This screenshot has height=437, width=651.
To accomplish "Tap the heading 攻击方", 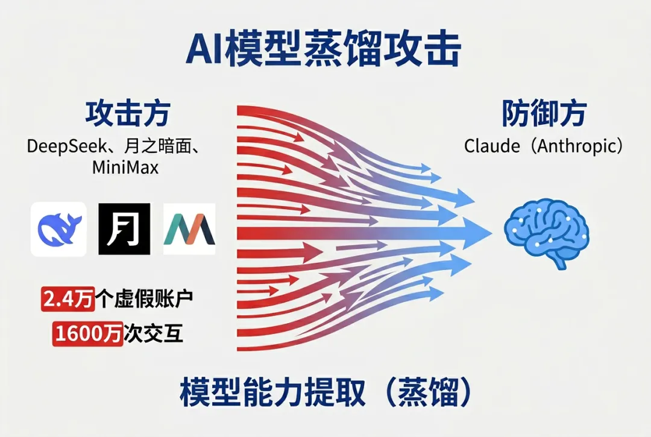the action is coord(127,113).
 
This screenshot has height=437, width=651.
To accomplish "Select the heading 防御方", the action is coord(544,113).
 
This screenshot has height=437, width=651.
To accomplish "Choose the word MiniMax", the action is coord(125,167).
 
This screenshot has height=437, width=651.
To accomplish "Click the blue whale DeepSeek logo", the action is coord(58,229).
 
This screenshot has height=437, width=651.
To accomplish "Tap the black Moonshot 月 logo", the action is coord(124,229).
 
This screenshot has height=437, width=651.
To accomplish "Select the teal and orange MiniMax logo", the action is coord(189,229).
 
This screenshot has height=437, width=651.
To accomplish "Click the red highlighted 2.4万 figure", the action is coord(68,299).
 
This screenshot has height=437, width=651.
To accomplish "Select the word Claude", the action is coord(489,146).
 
